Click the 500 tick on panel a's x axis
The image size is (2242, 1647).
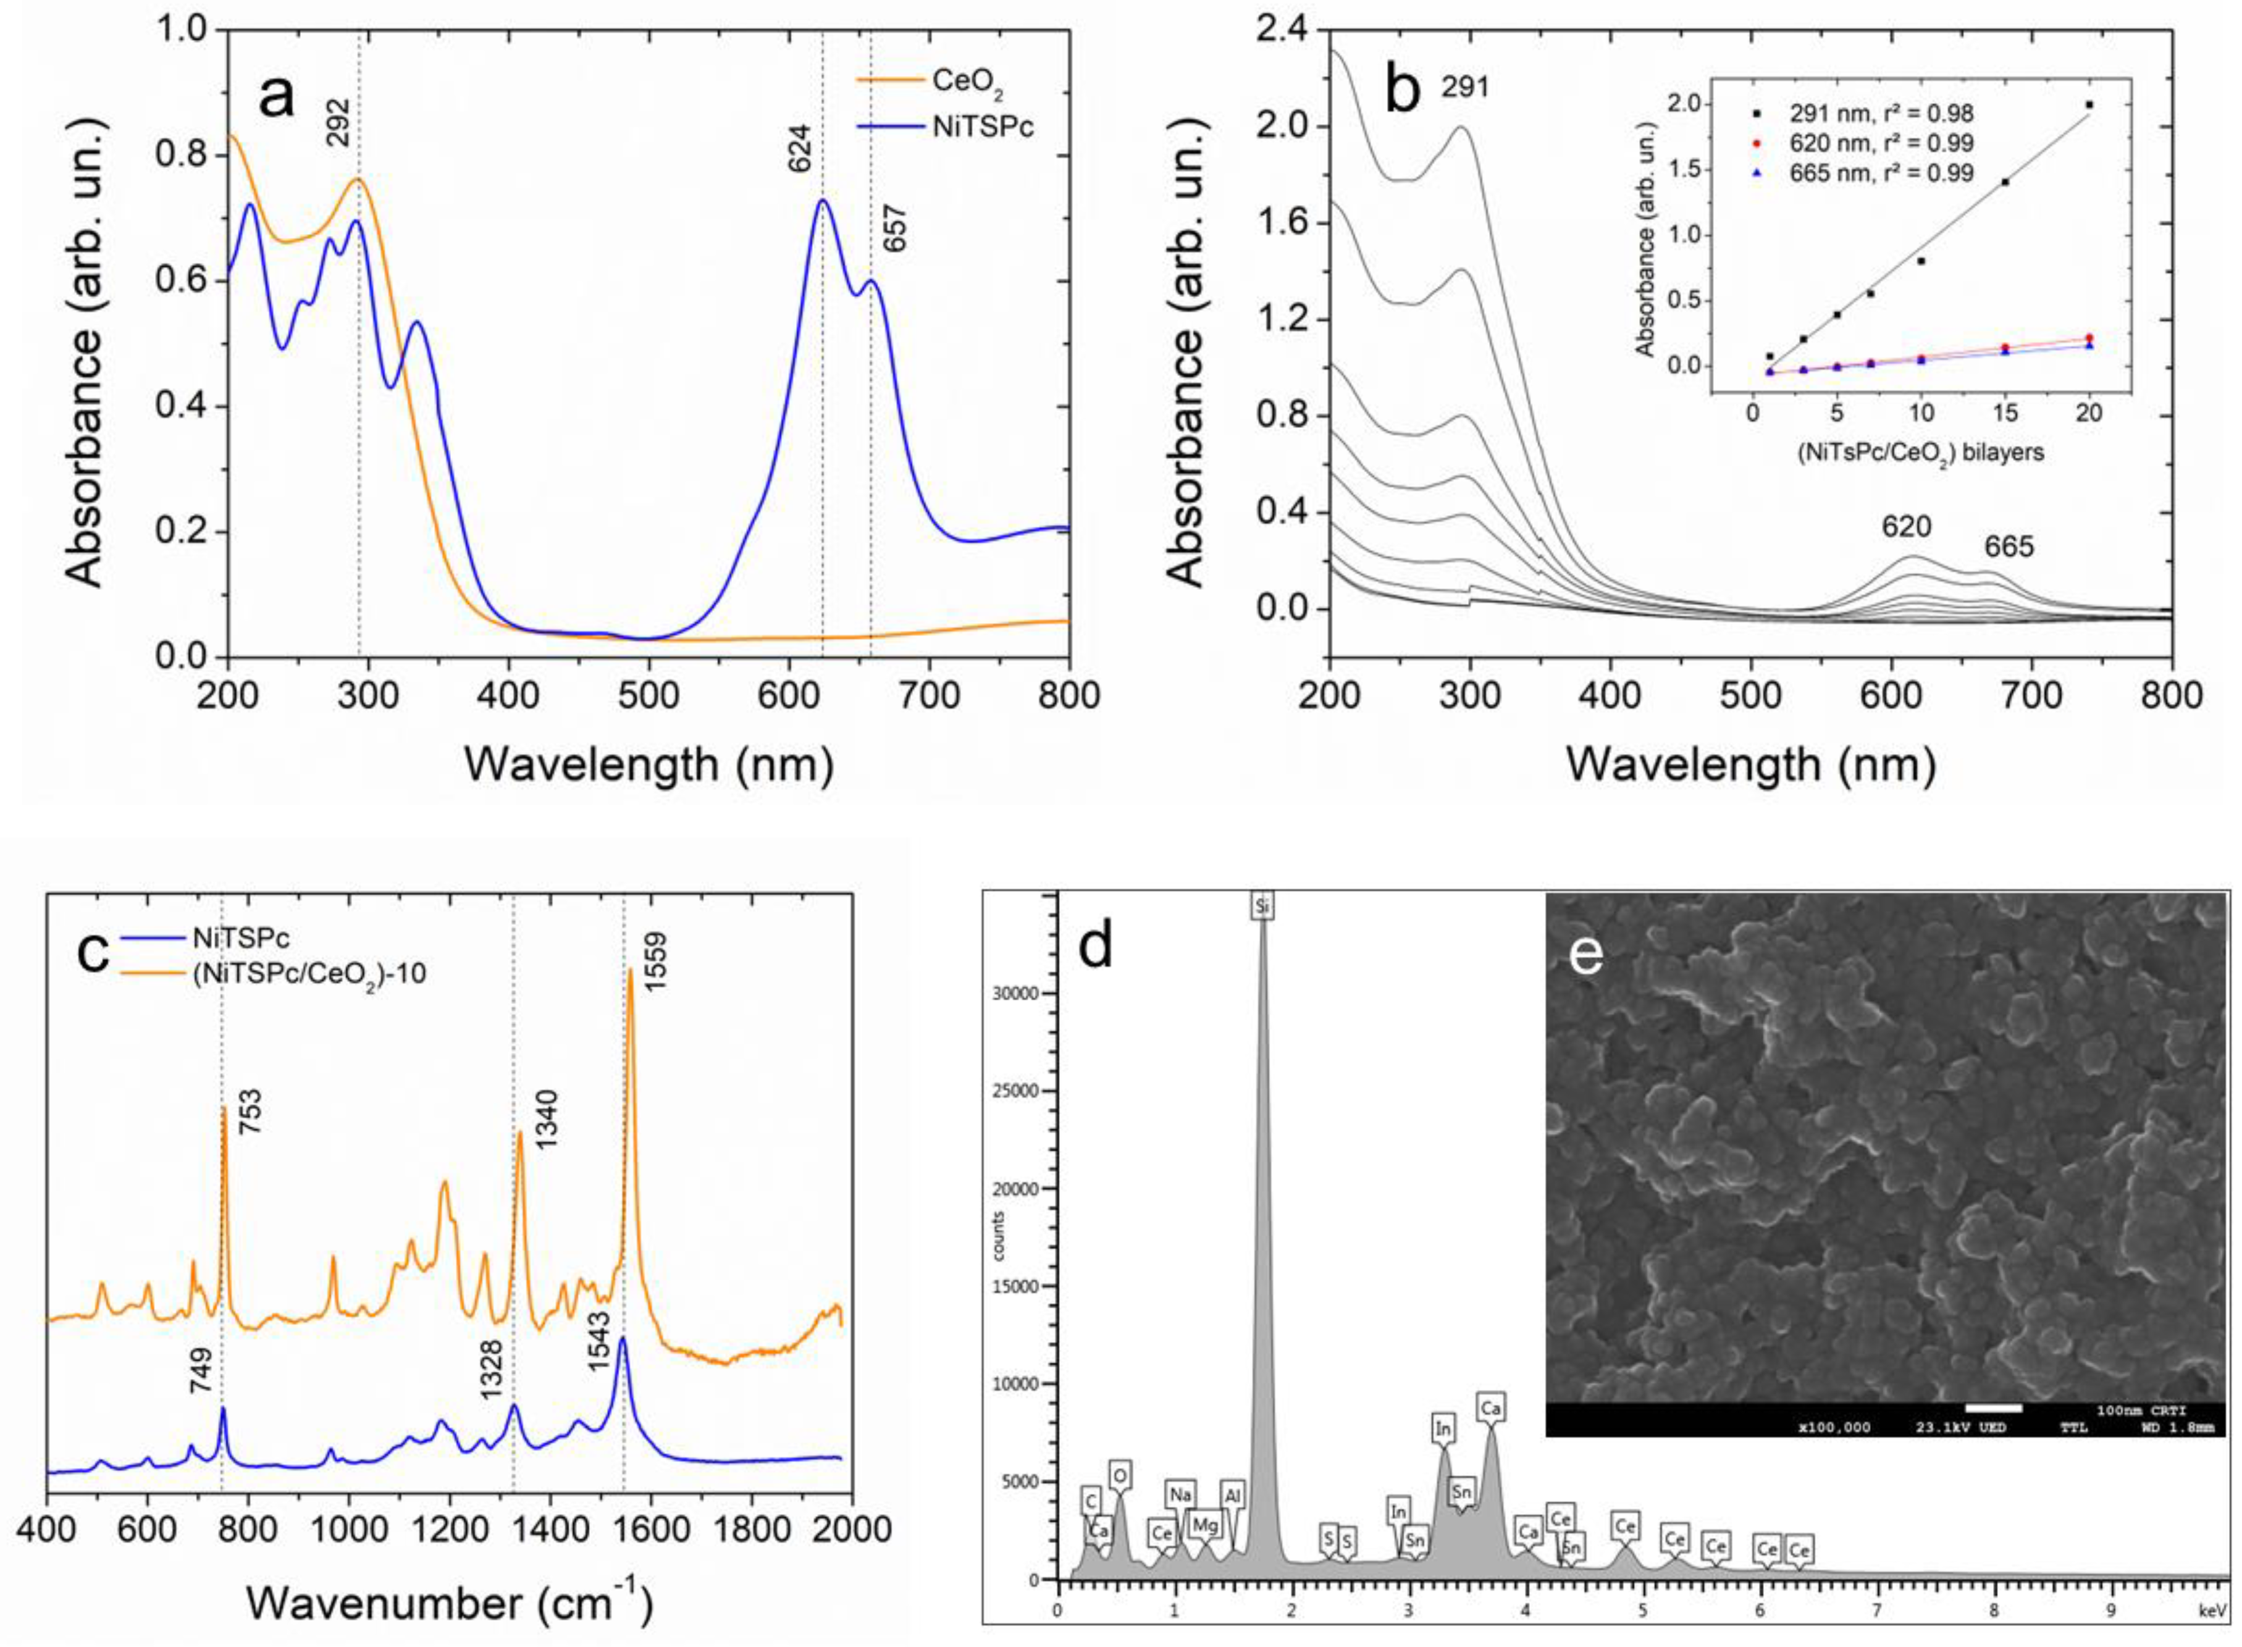(x=648, y=695)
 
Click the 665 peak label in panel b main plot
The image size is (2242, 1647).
(x=2008, y=547)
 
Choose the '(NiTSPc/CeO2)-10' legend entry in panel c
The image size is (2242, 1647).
(x=308, y=974)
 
